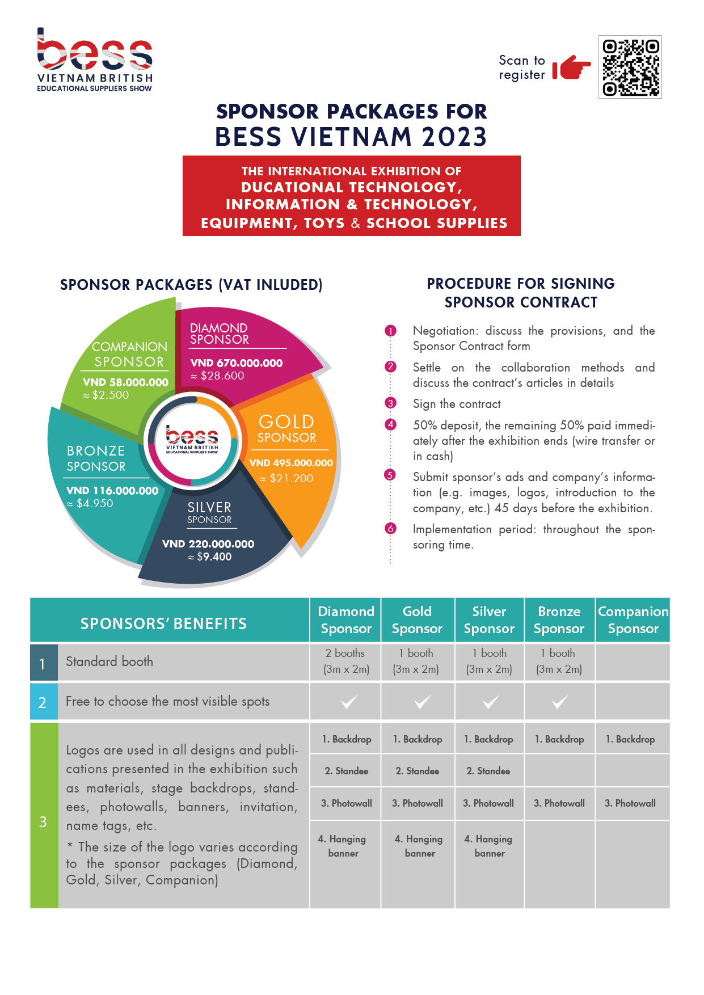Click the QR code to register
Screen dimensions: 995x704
[x=630, y=67]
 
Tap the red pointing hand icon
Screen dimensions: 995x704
[x=571, y=68]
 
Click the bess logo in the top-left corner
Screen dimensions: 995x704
[x=95, y=60]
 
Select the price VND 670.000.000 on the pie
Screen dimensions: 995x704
[x=237, y=363]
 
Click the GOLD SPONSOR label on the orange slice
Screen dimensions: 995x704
[x=286, y=428]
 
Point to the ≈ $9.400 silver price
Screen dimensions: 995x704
[x=209, y=557]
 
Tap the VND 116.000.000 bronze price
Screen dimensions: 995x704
[x=112, y=491]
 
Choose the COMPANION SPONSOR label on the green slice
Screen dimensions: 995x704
[x=129, y=354]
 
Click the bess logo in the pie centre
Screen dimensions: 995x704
[x=192, y=440]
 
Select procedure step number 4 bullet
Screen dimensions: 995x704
[x=390, y=424]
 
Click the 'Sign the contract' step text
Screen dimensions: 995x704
[x=457, y=404]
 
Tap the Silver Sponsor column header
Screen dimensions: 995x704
[x=489, y=620]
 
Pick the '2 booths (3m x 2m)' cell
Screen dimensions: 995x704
[x=346, y=661]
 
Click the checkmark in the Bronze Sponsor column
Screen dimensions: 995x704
[x=559, y=702]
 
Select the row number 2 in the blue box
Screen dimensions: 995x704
[x=43, y=702]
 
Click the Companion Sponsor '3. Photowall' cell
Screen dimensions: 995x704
[x=630, y=803]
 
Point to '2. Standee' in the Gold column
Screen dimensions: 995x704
[x=418, y=771]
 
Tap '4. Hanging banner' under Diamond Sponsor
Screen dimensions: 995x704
[x=343, y=846]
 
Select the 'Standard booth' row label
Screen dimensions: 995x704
[x=109, y=661]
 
